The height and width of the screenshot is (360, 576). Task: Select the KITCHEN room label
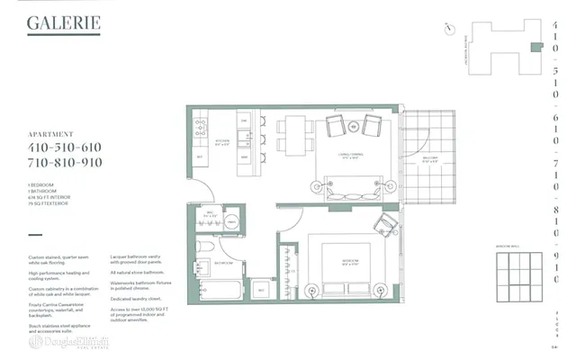tap(220, 142)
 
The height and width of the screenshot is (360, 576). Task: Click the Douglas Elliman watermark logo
tap(67, 342)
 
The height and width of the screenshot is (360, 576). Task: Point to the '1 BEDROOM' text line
tap(41, 184)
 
